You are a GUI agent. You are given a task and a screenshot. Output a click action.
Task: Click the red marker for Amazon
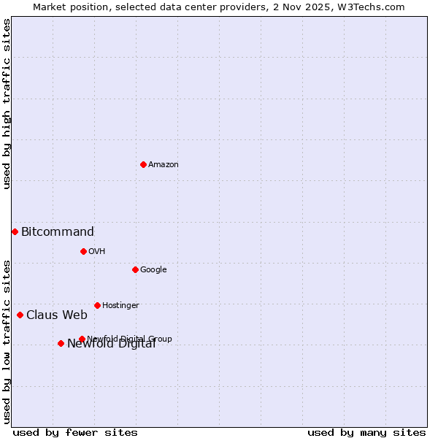[x=143, y=164]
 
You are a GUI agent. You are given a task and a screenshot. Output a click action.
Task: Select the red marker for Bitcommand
[x=15, y=231]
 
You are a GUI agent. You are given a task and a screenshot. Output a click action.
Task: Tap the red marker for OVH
[x=83, y=251]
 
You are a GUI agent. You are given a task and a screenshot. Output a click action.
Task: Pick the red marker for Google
[x=135, y=269]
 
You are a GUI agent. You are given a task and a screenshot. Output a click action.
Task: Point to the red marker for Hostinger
[x=97, y=305]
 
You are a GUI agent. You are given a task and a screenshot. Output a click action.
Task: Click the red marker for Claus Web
[x=20, y=315]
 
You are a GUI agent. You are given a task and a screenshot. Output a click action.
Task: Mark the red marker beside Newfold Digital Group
[x=82, y=339]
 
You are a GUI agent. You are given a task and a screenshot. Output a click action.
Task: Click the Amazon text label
[x=164, y=165]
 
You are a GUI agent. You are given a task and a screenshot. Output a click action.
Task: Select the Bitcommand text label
[x=58, y=232]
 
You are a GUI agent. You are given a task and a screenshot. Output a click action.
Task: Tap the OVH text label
[x=97, y=252]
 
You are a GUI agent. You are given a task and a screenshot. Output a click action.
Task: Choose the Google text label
[x=153, y=270]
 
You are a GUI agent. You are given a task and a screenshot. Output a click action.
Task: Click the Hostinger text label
[x=120, y=306]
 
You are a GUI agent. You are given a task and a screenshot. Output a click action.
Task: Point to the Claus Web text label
[x=57, y=315]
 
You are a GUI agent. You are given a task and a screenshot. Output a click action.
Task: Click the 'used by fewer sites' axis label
[x=75, y=433]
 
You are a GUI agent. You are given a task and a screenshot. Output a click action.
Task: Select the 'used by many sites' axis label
[x=366, y=433]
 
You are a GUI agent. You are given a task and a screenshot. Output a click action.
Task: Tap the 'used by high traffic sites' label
[x=7, y=104]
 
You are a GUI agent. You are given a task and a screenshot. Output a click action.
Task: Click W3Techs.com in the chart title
[x=374, y=7]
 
